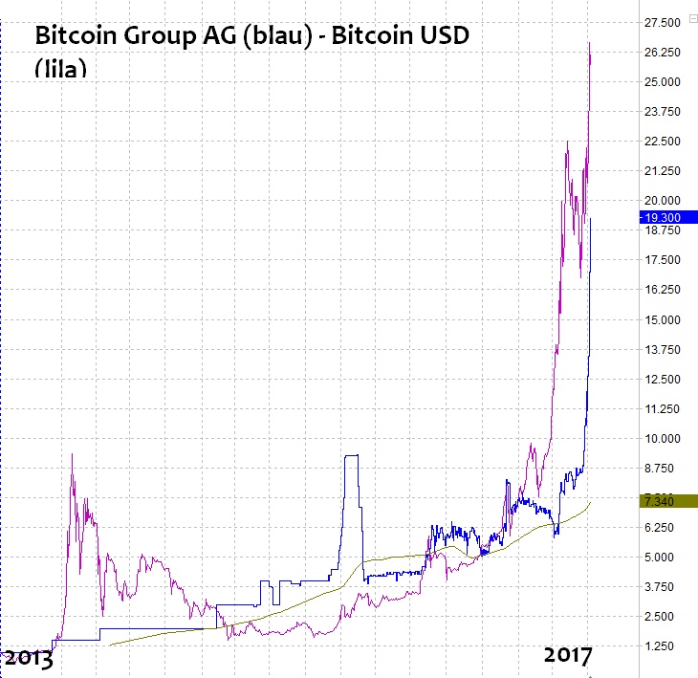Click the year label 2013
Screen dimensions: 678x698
(x=28, y=657)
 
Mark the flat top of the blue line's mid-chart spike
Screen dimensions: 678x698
(x=351, y=456)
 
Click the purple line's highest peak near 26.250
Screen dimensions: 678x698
(x=590, y=43)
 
